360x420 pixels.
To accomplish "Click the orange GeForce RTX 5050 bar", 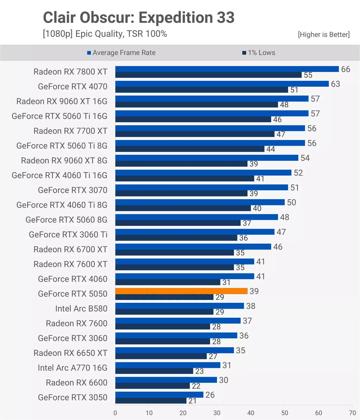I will (x=181, y=291).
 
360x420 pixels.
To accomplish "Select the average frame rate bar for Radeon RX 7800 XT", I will (x=227, y=69).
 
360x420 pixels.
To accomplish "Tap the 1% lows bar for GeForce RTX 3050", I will (x=151, y=401).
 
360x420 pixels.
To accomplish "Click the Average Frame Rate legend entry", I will (x=121, y=53).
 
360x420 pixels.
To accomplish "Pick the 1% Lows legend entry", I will (x=259, y=53).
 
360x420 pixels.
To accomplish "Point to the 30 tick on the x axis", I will (x=217, y=413).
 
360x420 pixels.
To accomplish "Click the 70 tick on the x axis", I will (x=352, y=413).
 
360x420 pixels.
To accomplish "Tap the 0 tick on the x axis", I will (x=115, y=413).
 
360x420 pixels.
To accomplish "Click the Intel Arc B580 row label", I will (x=81, y=308).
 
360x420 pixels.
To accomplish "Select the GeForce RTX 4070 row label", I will (x=73, y=86).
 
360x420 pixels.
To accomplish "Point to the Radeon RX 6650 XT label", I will (x=70, y=353).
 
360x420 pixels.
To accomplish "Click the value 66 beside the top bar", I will (x=345, y=69).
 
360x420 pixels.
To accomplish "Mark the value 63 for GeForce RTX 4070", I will (x=335, y=84).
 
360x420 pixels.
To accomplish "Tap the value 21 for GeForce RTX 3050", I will (x=192, y=401).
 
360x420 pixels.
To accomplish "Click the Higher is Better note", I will (x=324, y=35).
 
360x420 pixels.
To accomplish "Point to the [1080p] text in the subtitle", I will (x=58, y=34).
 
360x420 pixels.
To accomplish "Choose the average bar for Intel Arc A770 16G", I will (x=168, y=365).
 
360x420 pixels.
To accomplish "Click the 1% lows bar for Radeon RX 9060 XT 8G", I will (x=181, y=164).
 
